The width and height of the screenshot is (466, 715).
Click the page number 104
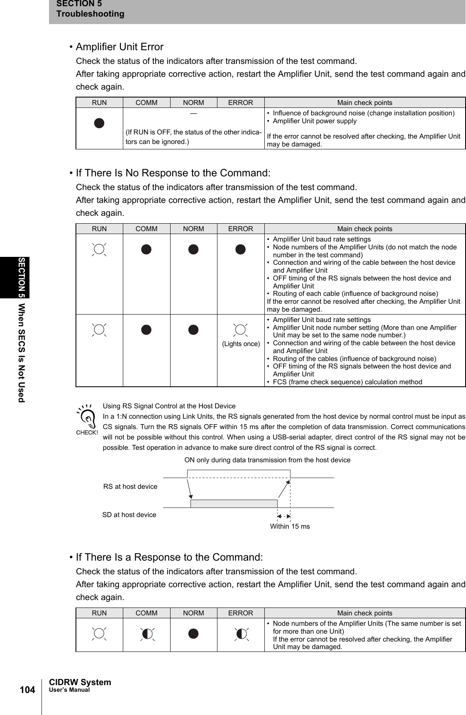pos(27,690)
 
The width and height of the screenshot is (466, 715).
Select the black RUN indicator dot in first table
pos(99,123)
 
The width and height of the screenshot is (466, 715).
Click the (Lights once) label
pos(241,344)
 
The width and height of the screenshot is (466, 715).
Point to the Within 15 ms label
pos(290,526)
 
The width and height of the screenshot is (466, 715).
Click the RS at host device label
pos(130,486)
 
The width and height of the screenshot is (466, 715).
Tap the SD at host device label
pos(129,515)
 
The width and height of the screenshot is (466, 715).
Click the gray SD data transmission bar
pos(234,503)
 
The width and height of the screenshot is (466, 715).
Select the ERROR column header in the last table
pos(240,613)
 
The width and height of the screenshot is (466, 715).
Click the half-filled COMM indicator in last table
pos(146,634)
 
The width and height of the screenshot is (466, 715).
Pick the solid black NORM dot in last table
pos(193,634)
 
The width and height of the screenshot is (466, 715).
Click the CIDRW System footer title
pos(80,682)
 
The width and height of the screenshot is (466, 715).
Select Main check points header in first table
pos(364,102)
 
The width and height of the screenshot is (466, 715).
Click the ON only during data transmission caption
pos(267,460)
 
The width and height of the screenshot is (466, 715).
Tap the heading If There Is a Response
pos(169,557)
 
